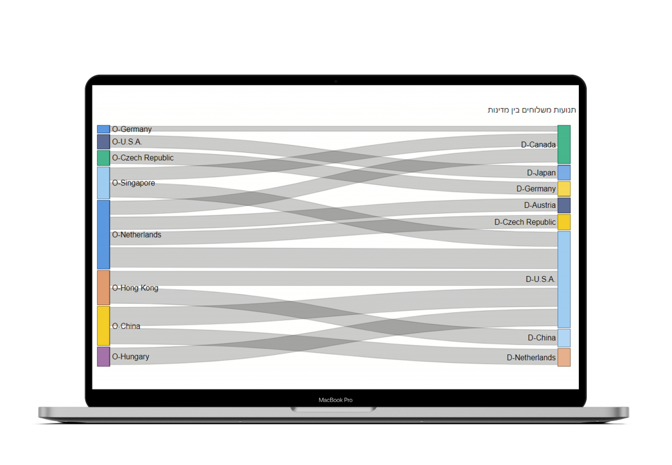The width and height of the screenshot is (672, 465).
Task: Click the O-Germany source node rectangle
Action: pos(103,129)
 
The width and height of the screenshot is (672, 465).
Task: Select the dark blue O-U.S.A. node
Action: pos(103,142)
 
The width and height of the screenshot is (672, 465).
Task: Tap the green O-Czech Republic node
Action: pos(103,158)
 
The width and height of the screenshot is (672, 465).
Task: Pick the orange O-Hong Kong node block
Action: pos(103,287)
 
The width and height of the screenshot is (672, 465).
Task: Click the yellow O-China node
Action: pos(103,326)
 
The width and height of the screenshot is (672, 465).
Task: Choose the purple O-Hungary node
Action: pos(103,357)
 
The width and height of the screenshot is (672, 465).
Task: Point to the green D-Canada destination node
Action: pos(564,144)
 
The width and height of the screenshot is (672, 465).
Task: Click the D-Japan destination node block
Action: pos(564,173)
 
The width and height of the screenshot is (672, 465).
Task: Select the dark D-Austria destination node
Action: pos(564,205)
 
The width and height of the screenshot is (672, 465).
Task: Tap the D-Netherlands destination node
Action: pos(564,357)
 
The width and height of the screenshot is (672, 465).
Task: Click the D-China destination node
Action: pos(564,338)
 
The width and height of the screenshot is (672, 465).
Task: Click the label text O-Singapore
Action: pos(133,183)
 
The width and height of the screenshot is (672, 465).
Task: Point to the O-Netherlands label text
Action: pos(136,235)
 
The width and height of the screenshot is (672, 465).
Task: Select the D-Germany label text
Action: pos(535,189)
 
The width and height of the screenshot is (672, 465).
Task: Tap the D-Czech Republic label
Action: pos(525,222)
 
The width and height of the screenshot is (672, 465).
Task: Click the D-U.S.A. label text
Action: pos(540,279)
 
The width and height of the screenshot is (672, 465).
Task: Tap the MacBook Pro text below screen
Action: pos(335,400)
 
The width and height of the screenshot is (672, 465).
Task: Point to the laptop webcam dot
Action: pos(335,81)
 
